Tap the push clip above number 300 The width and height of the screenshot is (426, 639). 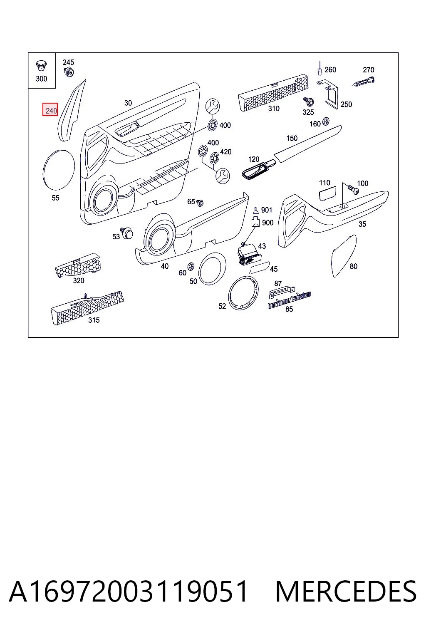click(x=41, y=66)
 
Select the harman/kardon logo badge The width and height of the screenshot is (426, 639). click(x=289, y=300)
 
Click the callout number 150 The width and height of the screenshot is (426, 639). click(x=292, y=139)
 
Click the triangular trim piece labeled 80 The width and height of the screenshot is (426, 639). click(x=344, y=255)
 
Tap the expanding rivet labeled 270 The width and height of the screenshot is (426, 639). click(x=363, y=81)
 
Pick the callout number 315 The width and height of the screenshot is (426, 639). click(x=94, y=320)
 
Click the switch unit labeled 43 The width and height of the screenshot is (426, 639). click(x=247, y=254)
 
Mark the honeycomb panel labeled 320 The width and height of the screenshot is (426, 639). click(x=78, y=265)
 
